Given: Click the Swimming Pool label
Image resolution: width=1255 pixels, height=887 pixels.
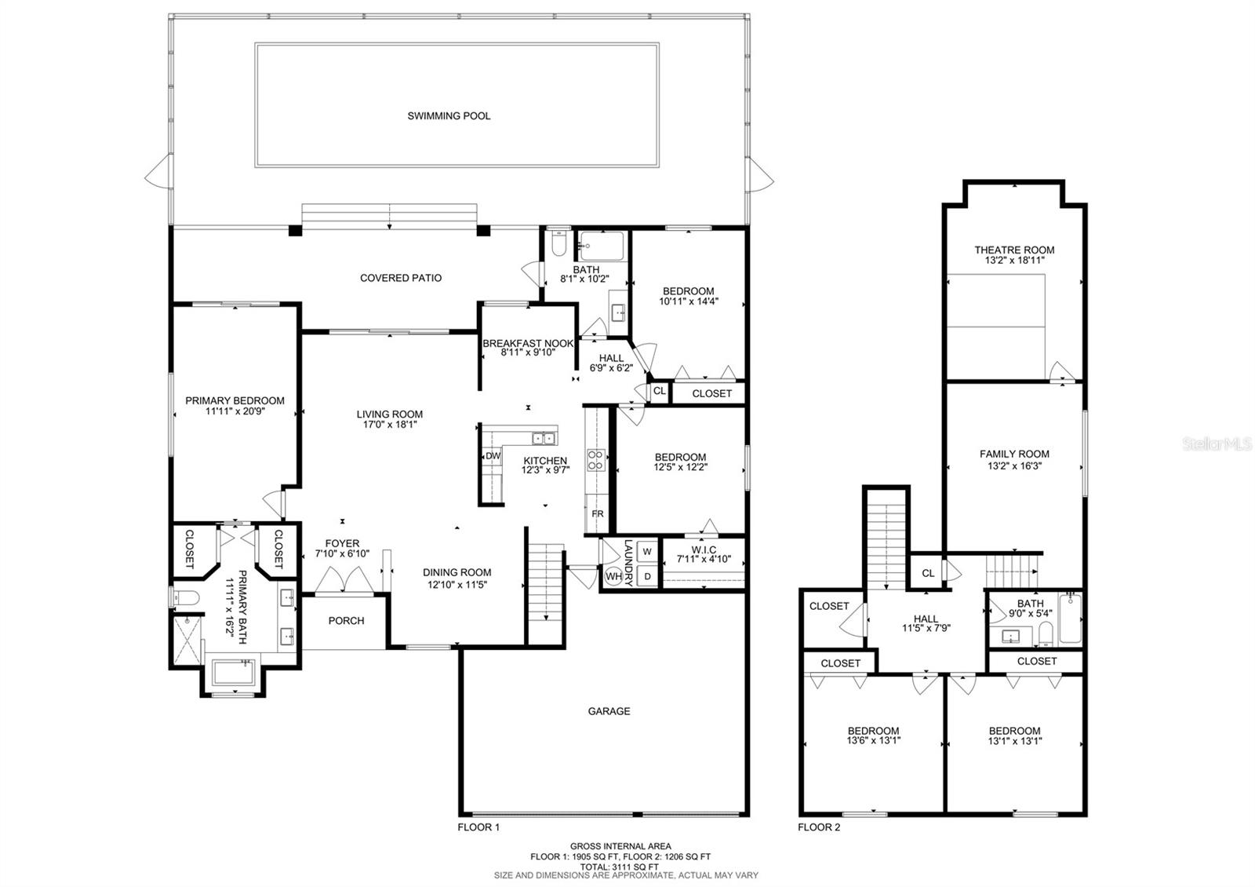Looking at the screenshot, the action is [x=449, y=116].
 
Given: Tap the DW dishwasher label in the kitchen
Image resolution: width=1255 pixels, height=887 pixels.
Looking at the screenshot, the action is [x=493, y=456].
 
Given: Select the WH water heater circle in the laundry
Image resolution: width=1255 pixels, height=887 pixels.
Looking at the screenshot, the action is [x=614, y=576].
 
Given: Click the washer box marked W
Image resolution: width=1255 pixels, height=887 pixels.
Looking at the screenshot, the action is [x=647, y=552].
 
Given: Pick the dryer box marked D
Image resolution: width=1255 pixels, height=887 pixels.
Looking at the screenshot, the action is [x=647, y=576].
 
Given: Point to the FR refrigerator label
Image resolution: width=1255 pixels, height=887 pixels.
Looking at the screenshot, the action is [x=598, y=513].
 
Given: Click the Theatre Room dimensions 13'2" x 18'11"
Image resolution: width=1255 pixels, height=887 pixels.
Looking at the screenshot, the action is [x=1015, y=260].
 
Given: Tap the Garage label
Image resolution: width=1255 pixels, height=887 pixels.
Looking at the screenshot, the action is [x=609, y=711].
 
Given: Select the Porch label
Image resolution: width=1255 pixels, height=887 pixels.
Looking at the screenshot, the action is [x=346, y=621].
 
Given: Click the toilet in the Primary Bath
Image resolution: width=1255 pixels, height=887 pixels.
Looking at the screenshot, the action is [x=185, y=598].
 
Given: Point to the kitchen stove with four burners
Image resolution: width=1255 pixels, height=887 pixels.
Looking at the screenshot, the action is [x=595, y=460].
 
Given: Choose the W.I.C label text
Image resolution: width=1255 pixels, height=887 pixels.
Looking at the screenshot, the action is [x=704, y=550].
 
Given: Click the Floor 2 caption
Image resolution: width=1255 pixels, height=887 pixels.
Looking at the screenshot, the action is [x=819, y=827].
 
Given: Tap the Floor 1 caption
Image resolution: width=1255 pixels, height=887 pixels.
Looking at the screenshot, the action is [x=478, y=827].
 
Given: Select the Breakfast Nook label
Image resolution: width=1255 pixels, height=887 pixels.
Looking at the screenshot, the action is [x=528, y=343].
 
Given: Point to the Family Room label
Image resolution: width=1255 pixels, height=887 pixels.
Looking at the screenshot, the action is [x=1015, y=454].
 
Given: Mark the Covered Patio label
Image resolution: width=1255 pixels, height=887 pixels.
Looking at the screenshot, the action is [x=401, y=278].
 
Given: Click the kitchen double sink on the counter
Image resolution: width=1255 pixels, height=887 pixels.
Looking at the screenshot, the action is [x=544, y=438].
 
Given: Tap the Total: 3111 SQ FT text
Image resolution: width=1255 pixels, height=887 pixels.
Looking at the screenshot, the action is [x=619, y=867].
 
